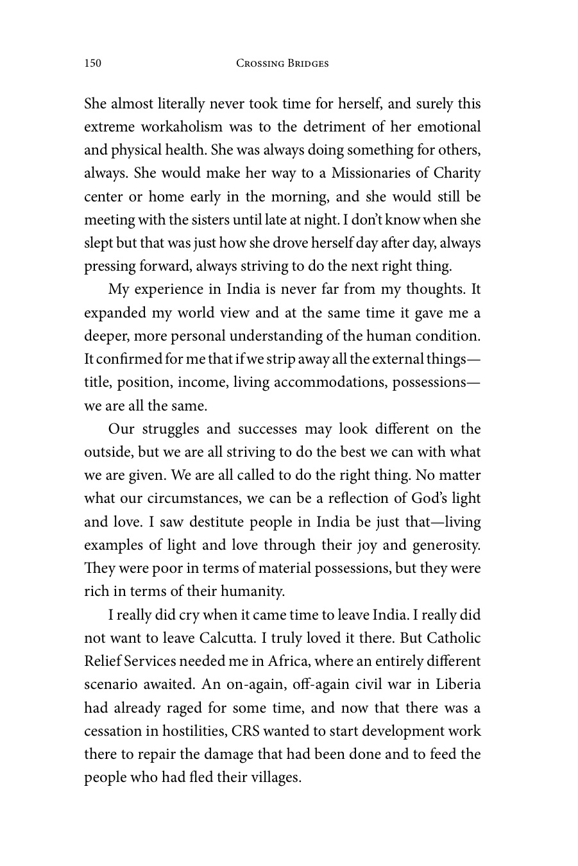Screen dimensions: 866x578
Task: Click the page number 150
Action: pyautogui.click(x=93, y=63)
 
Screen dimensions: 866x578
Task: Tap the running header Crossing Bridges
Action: pyautogui.click(x=282, y=63)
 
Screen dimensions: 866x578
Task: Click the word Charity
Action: pyautogui.click(x=457, y=173)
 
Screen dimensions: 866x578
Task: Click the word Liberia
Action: pyautogui.click(x=456, y=684)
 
